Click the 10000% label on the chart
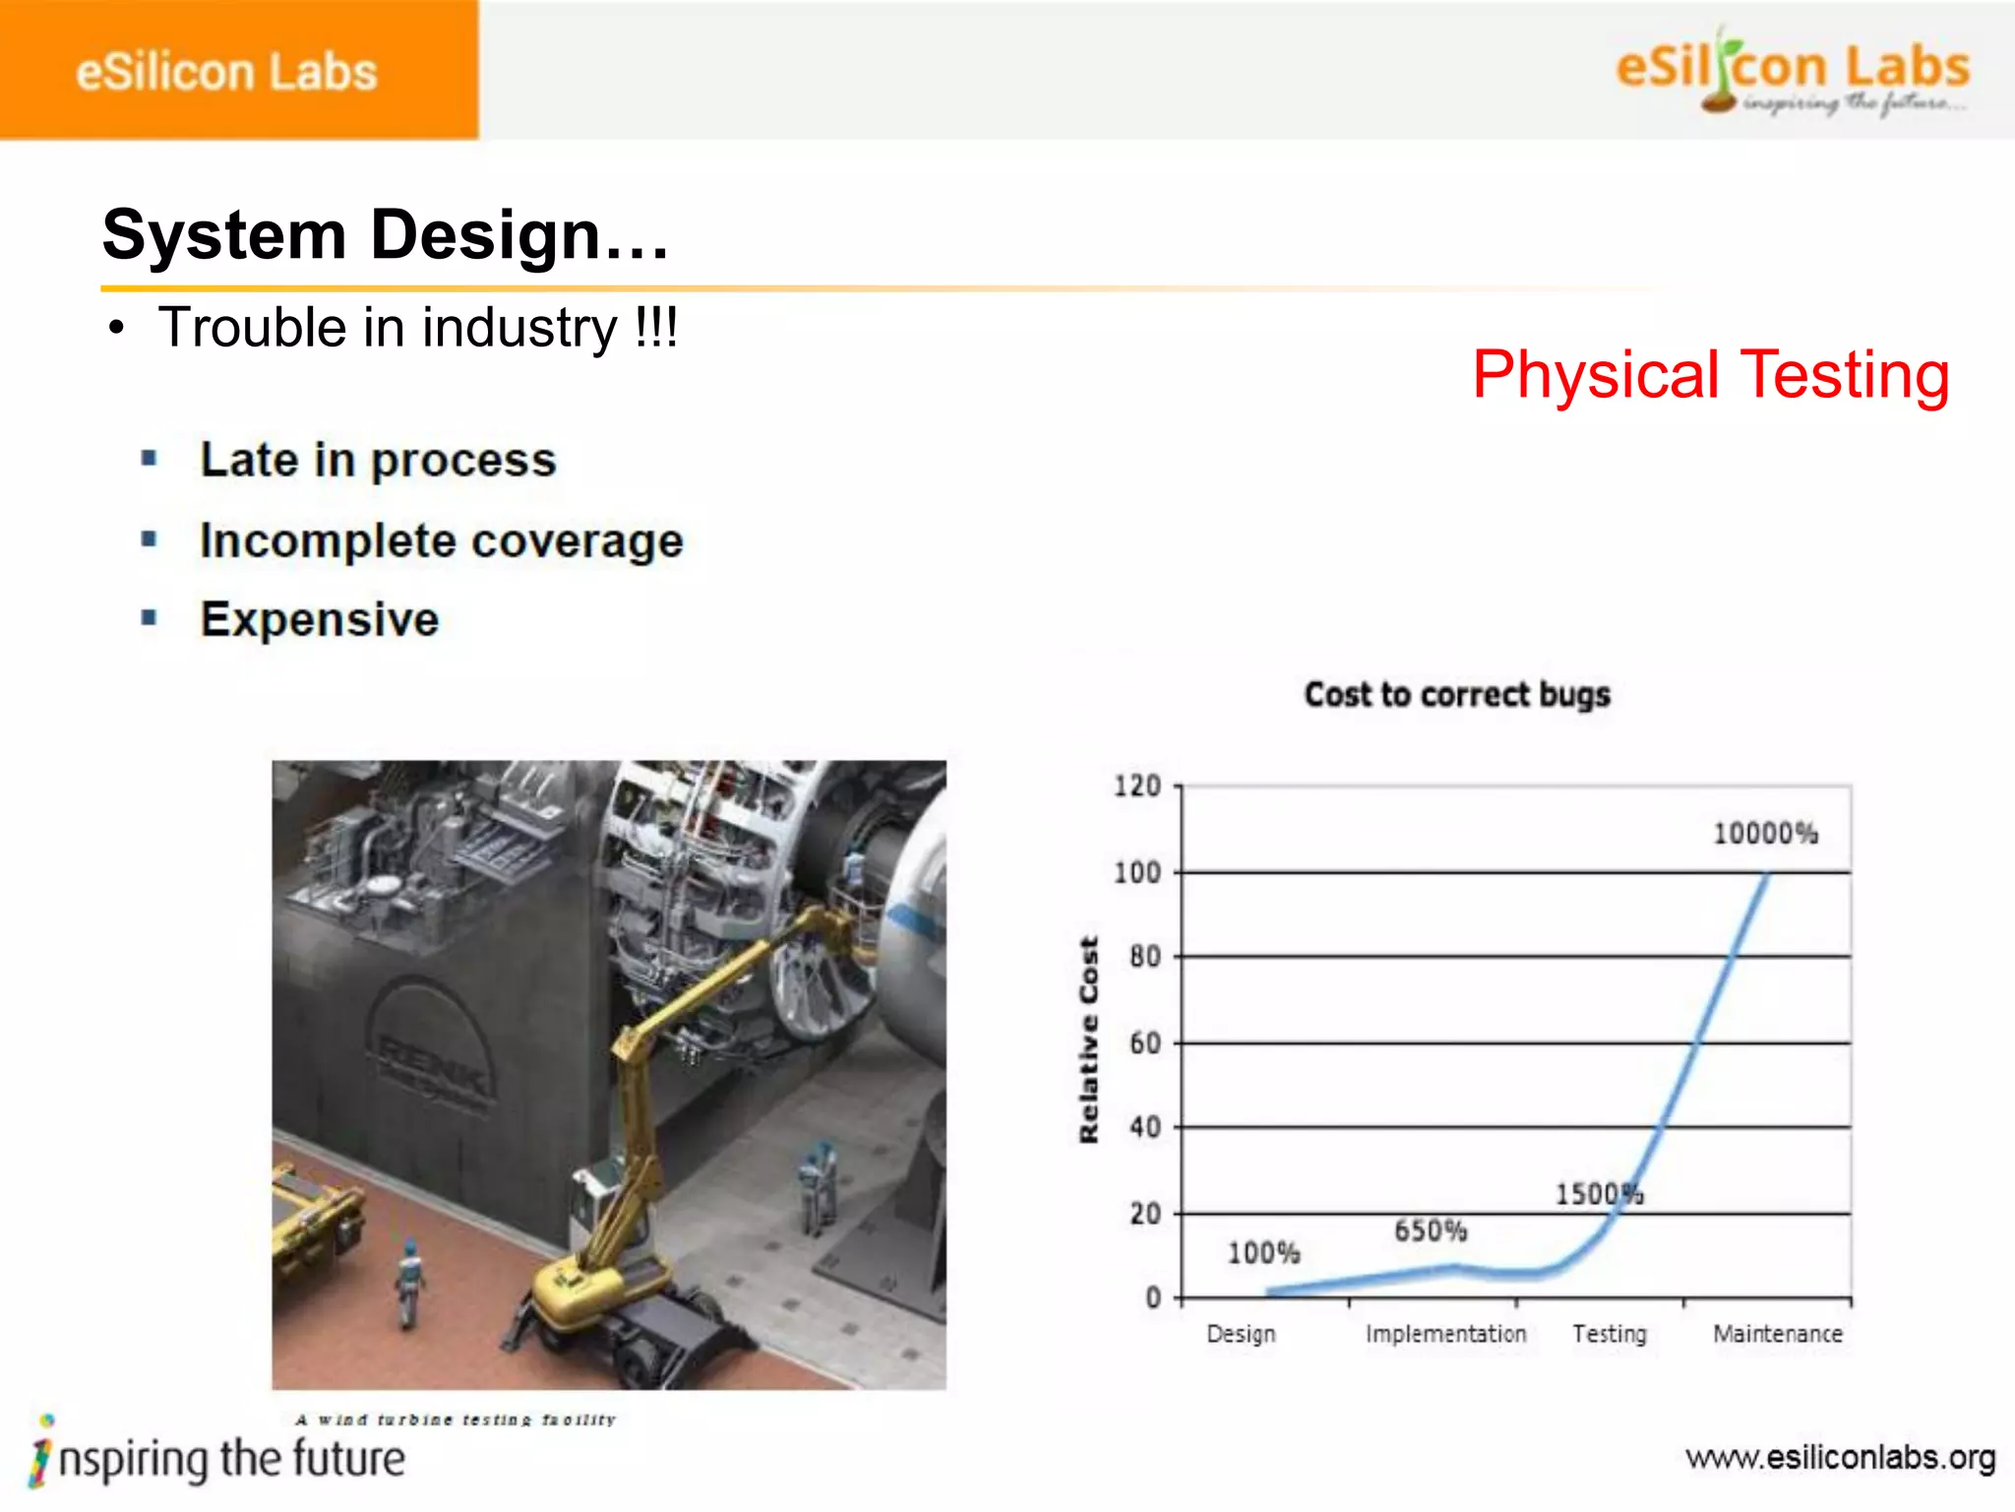1765,834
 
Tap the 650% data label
1430,1230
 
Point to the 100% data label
1263,1253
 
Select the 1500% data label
1599,1194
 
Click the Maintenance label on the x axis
1777,1334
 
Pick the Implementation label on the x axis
1445,1334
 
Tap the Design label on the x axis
1241,1334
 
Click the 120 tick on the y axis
1136,787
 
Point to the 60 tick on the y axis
1144,1042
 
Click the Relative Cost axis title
1088,1039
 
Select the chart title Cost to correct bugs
1457,695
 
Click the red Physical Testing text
1710,375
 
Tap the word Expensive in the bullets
320,620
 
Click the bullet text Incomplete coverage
441,541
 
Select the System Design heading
386,236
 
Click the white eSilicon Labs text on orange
226,73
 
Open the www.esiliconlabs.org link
1840,1458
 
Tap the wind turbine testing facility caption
456,1419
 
